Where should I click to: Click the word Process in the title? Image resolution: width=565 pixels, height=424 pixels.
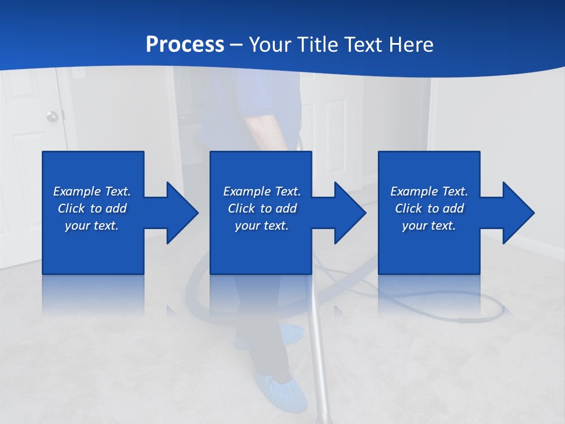pyautogui.click(x=185, y=45)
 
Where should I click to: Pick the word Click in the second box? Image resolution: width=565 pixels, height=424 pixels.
pyautogui.click(x=241, y=208)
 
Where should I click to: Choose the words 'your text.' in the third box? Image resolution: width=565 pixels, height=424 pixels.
pyautogui.click(x=428, y=226)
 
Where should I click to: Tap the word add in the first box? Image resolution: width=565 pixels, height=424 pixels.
pyautogui.click(x=116, y=208)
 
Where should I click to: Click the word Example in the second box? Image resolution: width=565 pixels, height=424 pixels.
pyautogui.click(x=245, y=191)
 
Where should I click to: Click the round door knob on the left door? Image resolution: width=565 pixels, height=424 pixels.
pyautogui.click(x=53, y=116)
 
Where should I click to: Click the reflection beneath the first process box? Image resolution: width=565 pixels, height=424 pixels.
pyautogui.click(x=93, y=294)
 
